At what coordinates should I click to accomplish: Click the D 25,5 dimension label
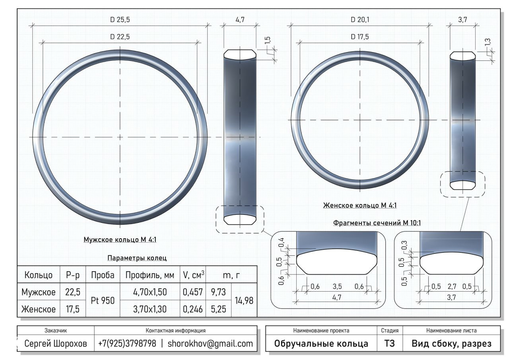pos(120,19)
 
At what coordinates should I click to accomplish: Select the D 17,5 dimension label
pos(360,37)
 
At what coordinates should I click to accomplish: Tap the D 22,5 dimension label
pos(120,37)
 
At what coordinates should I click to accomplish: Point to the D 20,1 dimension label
pos(360,19)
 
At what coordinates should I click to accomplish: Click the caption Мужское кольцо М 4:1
pos(120,239)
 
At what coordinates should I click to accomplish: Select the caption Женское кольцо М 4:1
pos(360,205)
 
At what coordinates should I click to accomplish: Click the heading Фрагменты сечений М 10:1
pos(377,223)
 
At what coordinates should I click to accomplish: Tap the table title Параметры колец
pos(137,258)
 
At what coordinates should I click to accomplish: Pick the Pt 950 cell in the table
pos(103,300)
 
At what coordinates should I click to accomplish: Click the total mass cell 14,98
pos(244,300)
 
